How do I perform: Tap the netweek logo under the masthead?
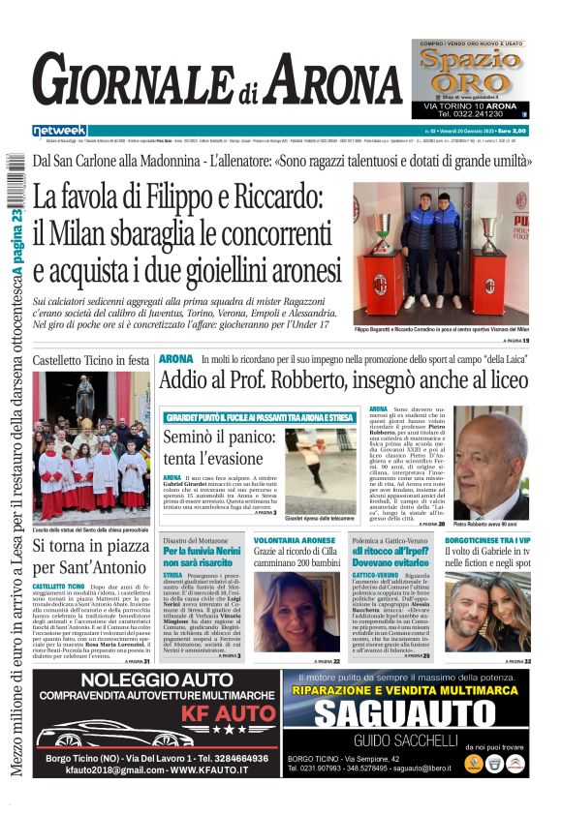point(59,131)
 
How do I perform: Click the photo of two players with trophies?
point(440,255)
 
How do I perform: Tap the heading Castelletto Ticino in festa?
point(91,360)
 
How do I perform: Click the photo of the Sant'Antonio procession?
point(91,446)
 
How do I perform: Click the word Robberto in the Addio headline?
point(309,380)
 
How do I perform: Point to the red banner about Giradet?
point(262,416)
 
